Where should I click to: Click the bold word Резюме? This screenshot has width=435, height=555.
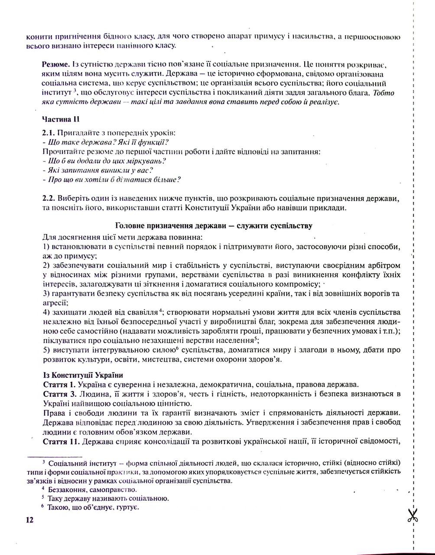57,63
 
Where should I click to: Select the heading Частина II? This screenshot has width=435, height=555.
61,119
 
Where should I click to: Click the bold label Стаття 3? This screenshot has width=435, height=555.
60,394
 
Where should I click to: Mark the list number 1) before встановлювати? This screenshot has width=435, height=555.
47,246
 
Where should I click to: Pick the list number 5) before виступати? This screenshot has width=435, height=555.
47,350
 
